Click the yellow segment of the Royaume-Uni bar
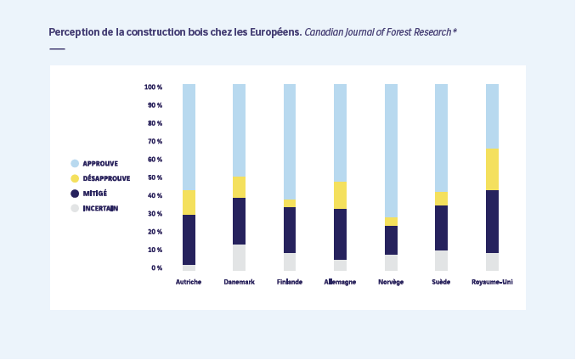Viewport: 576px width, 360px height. tap(492, 169)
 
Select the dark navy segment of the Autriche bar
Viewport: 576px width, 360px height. tap(189, 239)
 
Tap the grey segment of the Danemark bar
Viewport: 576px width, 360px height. tap(239, 257)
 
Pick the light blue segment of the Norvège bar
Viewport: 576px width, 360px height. tap(391, 149)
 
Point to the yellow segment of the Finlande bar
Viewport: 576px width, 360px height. tap(290, 203)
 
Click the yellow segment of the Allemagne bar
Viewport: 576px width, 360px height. tap(340, 194)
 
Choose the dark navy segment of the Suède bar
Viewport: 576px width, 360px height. tap(441, 228)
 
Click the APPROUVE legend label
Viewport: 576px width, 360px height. tap(100, 163)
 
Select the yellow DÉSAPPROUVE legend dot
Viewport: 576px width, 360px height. tap(75, 178)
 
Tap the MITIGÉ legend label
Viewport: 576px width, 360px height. tap(94, 194)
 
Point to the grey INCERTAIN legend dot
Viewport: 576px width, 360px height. tap(75, 208)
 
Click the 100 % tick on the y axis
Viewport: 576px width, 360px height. tap(153, 87)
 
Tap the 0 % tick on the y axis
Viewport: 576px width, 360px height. tap(156, 268)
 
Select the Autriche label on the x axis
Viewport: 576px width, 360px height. tap(189, 282)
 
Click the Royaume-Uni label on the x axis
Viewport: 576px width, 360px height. tap(492, 282)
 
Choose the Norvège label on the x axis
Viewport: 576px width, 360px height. tap(391, 282)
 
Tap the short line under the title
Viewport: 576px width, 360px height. tap(57, 48)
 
